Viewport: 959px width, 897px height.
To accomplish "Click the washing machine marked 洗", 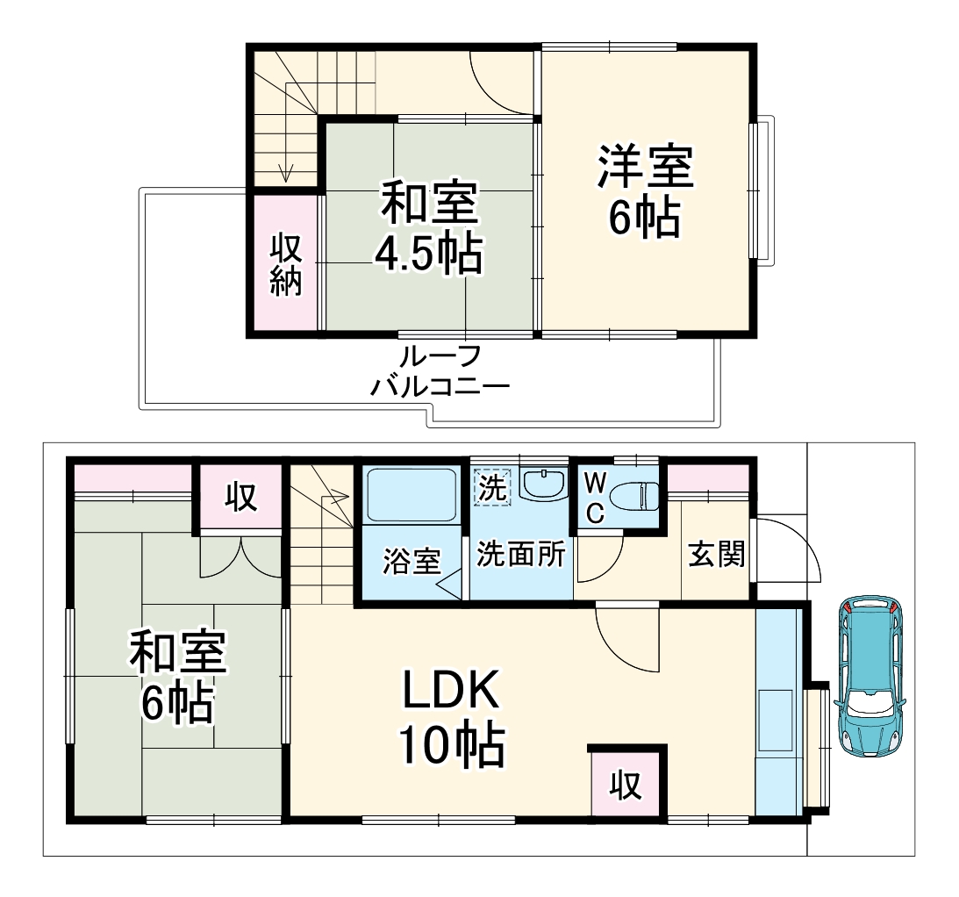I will click(492, 489).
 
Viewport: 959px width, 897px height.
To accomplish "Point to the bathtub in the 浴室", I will click(410, 496).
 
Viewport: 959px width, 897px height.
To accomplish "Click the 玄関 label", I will click(716, 556).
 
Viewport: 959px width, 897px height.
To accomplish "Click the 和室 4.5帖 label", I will click(428, 228).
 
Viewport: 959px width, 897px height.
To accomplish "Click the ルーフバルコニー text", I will click(439, 371).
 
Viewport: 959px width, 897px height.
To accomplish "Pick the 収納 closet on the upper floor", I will click(285, 264).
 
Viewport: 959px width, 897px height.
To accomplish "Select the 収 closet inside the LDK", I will click(626, 784).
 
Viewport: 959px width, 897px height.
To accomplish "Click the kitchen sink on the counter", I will click(777, 721).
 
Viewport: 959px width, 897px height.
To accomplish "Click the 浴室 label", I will click(411, 562).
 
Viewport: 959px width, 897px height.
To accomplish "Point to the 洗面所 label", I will click(520, 556).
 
